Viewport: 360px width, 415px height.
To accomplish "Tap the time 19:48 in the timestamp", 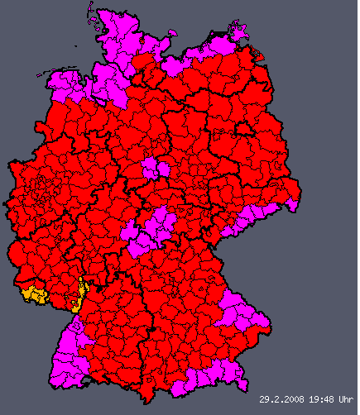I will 319,399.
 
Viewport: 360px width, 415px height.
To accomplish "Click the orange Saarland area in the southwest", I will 35,293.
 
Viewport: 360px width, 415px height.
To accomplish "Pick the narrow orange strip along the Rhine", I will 80,293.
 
